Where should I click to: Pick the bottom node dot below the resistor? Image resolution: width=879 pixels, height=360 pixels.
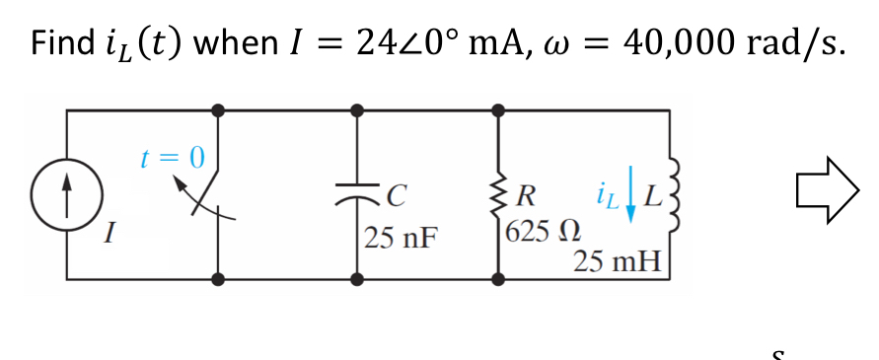[x=496, y=279]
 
